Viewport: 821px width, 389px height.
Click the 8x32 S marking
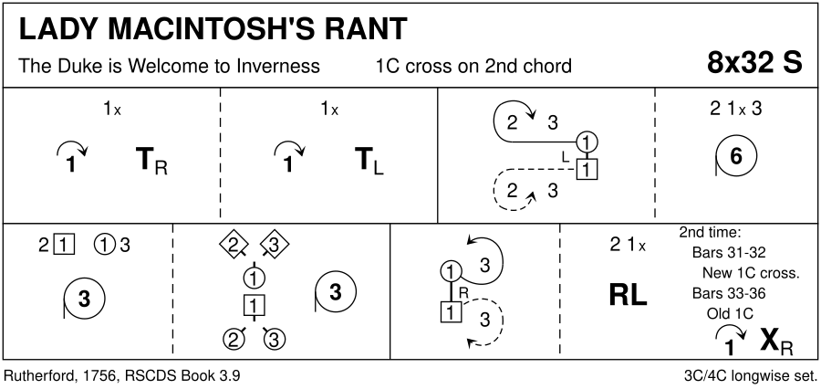[755, 63]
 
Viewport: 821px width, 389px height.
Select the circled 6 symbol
[734, 158]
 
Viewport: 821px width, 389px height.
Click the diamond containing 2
[234, 244]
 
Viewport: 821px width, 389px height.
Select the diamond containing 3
[274, 244]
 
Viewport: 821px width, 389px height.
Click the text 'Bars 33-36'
[729, 293]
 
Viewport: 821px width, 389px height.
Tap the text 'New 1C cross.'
[751, 272]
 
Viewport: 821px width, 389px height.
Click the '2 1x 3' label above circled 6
[735, 109]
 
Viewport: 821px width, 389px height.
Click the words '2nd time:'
[711, 232]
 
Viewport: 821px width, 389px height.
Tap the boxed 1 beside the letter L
[587, 168]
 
